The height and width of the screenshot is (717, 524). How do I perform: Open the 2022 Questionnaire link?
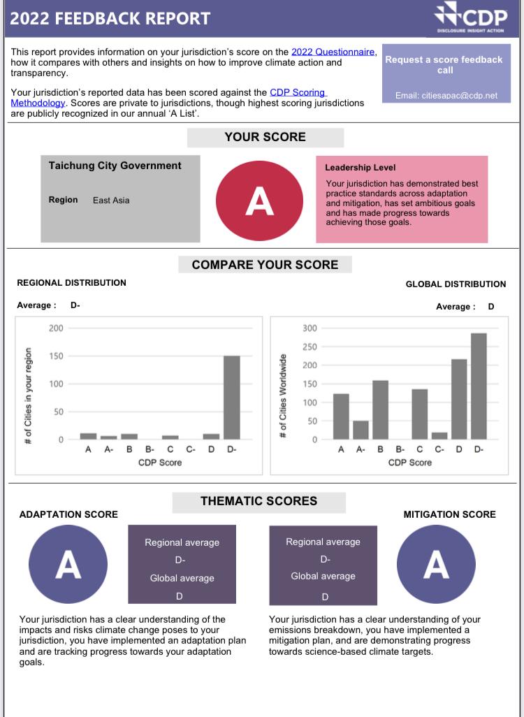pos(334,52)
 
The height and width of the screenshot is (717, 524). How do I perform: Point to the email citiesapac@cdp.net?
pos(446,96)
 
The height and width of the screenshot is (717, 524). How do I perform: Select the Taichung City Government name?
pos(115,166)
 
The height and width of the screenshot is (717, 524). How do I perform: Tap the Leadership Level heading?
pos(360,168)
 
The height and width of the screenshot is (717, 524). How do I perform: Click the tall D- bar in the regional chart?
pos(231,397)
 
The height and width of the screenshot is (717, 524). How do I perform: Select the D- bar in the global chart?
pos(479,386)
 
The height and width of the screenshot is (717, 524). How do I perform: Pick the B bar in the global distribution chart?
pos(380,410)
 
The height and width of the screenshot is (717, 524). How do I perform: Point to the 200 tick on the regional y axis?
pos(56,328)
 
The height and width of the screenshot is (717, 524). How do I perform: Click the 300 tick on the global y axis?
pos(310,328)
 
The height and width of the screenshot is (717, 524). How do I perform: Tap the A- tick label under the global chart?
pos(361,450)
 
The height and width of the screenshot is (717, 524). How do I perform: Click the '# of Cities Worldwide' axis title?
pos(283,396)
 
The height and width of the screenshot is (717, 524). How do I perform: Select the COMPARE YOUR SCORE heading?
pos(265,265)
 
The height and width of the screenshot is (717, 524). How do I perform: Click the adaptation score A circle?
pos(68,564)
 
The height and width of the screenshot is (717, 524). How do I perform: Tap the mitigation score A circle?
pos(436,564)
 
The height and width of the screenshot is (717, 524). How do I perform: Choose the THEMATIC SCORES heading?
pos(259,501)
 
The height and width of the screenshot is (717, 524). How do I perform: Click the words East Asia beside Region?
pos(111,201)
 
